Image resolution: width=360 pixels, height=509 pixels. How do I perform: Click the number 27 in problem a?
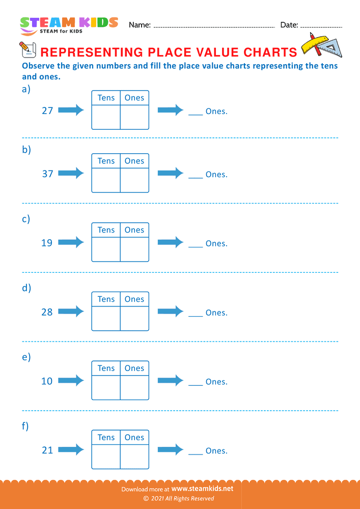[x=47, y=110]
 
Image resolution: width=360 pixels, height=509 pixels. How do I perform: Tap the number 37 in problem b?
[x=47, y=174]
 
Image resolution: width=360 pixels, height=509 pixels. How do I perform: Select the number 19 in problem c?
[x=47, y=243]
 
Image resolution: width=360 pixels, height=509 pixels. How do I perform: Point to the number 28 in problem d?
[x=47, y=312]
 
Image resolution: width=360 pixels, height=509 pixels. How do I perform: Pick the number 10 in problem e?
[x=47, y=381]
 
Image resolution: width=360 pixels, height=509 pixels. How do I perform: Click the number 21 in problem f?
[x=47, y=450]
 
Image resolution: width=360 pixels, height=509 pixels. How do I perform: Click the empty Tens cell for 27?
[x=106, y=117]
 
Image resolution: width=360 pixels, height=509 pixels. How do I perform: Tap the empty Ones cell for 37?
[x=134, y=180]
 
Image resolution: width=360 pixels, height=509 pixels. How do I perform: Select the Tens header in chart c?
[x=106, y=230]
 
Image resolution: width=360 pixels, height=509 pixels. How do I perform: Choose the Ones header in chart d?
[x=134, y=299]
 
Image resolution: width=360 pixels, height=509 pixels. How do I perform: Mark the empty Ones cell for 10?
[x=134, y=388]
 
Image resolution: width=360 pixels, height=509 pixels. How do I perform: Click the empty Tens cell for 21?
[x=106, y=457]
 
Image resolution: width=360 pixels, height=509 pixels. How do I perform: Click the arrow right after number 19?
[x=71, y=242]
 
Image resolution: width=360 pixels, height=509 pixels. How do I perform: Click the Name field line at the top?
[x=214, y=25]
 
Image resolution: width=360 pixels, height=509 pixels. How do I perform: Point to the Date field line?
[x=322, y=25]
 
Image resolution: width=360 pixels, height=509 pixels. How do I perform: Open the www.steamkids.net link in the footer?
[x=206, y=488]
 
